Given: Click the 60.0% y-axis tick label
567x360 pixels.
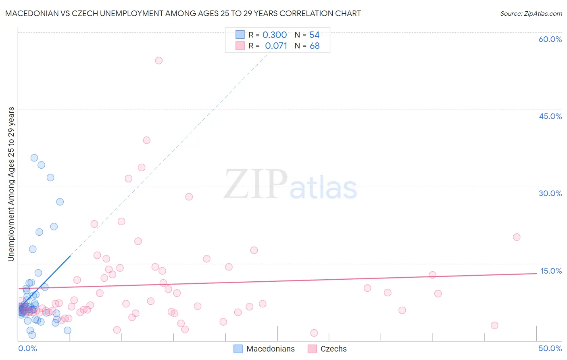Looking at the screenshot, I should click(x=550, y=39).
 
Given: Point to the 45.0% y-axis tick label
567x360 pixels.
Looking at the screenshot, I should click(x=550, y=116).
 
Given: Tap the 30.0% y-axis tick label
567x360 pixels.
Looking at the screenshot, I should click(x=550, y=193).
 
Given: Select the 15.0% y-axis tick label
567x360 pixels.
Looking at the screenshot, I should click(x=551, y=271).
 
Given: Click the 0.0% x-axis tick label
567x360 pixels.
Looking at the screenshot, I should click(x=27, y=348).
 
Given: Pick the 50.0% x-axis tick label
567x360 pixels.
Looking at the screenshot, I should click(x=550, y=348).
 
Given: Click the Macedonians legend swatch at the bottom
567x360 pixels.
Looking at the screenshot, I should click(x=238, y=349).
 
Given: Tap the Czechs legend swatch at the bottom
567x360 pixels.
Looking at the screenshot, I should click(x=312, y=349).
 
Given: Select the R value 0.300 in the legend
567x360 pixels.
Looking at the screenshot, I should click(x=275, y=35).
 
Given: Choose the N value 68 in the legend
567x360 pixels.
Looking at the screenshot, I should click(x=315, y=46).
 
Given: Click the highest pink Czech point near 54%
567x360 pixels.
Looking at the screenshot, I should click(x=159, y=61).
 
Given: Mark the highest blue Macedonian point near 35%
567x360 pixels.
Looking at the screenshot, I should click(x=34, y=158).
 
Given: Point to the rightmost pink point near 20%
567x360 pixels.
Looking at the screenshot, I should click(x=517, y=237).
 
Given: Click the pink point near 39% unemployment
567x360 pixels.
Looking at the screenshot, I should click(x=147, y=140).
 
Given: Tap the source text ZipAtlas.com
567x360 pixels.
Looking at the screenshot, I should click(x=531, y=14).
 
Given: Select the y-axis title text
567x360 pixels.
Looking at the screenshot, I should click(x=11, y=184).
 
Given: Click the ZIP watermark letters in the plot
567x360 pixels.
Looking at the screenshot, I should click(x=256, y=185).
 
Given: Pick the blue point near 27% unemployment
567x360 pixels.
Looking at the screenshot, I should click(x=60, y=201).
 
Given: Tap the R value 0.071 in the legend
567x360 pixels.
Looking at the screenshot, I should click(x=276, y=46).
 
